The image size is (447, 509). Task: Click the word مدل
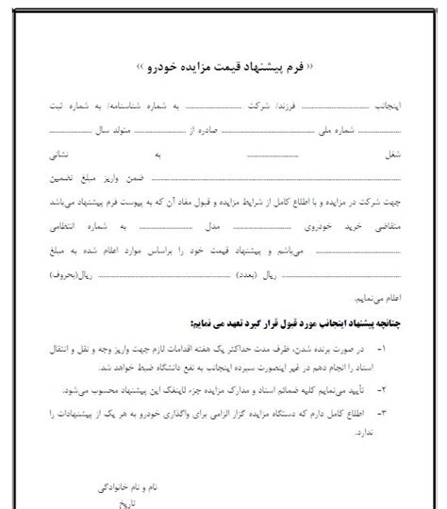pyautogui.click(x=213, y=226)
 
